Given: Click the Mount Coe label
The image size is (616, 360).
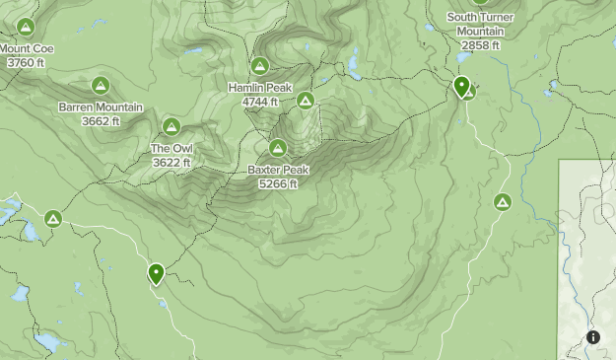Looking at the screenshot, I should tap(27, 48).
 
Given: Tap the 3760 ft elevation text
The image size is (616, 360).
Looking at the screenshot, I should tap(27, 62).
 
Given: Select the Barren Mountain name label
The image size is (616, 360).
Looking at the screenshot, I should tap(101, 108).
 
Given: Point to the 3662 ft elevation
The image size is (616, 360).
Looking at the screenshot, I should tap(101, 121).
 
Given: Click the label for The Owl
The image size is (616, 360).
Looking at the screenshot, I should tap(171, 149).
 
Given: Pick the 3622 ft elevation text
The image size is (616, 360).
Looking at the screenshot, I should tap(171, 163).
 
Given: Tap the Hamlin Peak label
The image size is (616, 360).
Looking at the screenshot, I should tap(260, 88).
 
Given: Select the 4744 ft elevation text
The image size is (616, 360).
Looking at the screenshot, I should tap(260, 102).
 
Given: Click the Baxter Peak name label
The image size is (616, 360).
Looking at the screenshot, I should tap(278, 170).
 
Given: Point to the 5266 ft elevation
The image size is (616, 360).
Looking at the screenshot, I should tap(278, 183).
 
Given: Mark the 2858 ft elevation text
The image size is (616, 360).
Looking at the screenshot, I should tap(481, 45).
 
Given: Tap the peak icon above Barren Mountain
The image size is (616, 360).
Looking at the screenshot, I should tap(100, 86).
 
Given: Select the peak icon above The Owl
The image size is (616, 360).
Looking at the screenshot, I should tap(171, 126).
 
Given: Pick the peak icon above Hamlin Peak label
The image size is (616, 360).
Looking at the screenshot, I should tap(259, 66).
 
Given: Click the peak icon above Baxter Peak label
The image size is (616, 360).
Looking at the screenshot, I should tap(278, 148).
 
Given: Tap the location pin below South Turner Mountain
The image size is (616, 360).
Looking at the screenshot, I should tap(461, 87).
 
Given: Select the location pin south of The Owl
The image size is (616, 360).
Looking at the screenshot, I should tap(156, 273).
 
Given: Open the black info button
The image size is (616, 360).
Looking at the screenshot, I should tap(593, 337).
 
